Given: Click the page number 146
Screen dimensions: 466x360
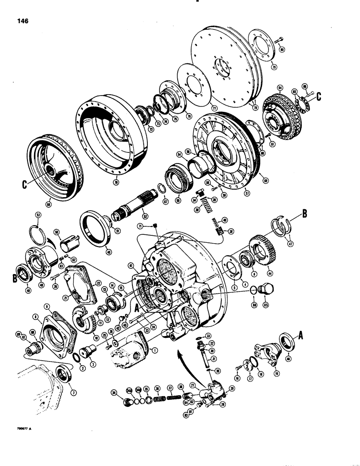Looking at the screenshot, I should (x=23, y=21).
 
